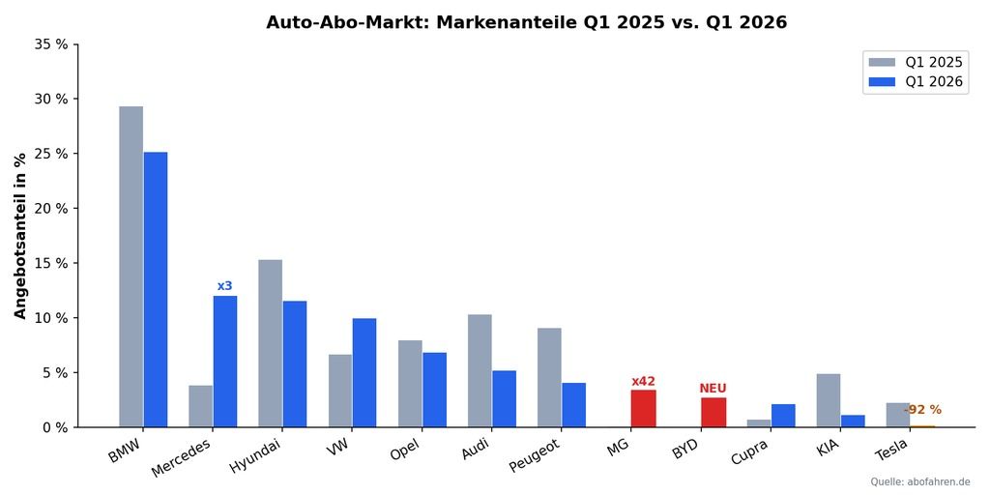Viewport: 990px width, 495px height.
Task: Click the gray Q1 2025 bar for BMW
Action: (x=131, y=266)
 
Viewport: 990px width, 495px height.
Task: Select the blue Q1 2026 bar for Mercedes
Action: (x=224, y=362)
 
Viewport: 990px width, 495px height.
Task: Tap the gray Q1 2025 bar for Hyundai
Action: (x=270, y=343)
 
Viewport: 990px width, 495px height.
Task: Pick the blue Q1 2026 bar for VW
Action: (x=364, y=372)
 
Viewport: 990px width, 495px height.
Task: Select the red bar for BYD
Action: (x=713, y=413)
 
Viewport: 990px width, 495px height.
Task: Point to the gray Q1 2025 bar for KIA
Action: (x=828, y=400)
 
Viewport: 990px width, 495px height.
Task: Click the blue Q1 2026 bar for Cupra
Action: (x=783, y=416)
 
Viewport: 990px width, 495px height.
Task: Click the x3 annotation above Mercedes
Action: (x=224, y=286)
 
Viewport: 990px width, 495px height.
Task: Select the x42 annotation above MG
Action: (x=643, y=382)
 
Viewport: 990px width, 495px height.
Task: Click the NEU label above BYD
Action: (x=713, y=389)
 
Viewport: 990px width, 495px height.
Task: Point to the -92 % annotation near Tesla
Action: (x=922, y=410)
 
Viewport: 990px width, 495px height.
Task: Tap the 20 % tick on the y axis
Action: (x=50, y=208)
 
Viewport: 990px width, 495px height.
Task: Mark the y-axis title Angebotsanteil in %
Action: (x=20, y=235)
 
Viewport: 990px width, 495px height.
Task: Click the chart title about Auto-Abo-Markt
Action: (x=526, y=22)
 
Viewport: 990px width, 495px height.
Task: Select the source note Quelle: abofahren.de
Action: (x=919, y=481)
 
